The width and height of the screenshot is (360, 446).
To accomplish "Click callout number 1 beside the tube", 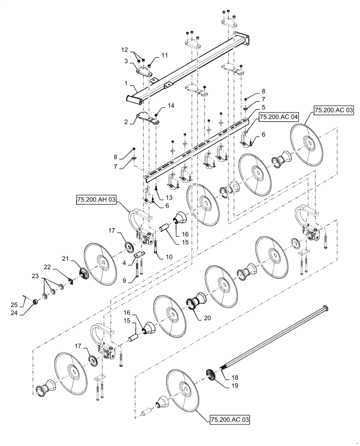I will tap(126, 83).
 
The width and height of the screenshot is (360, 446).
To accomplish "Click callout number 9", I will tap(125, 281).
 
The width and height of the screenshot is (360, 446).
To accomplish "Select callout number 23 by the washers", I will tap(35, 277).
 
